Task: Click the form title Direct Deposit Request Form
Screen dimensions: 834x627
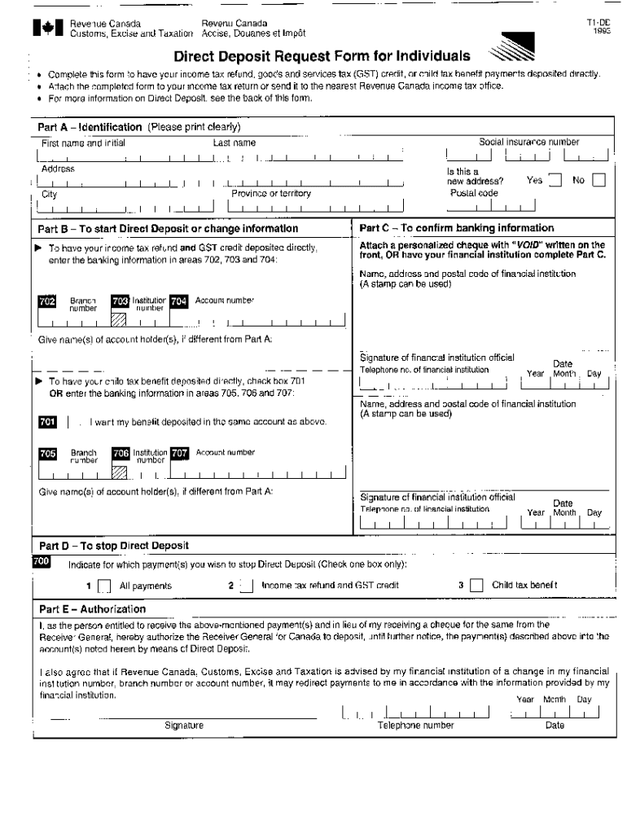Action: pyautogui.click(x=322, y=56)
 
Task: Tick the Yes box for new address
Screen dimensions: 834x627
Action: pyautogui.click(x=555, y=181)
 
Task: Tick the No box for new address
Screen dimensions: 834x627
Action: pyautogui.click(x=598, y=181)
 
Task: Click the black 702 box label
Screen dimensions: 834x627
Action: pyautogui.click(x=47, y=302)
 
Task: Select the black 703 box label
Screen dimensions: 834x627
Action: pyautogui.click(x=121, y=302)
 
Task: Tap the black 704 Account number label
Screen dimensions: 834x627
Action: pyautogui.click(x=179, y=302)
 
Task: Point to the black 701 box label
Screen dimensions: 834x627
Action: pyautogui.click(x=47, y=422)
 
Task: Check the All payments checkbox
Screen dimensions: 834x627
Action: pyautogui.click(x=104, y=586)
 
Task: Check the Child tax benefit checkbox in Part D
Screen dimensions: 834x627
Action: pyautogui.click(x=476, y=586)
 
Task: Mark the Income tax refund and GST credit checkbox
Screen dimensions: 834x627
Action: pyautogui.click(x=246, y=586)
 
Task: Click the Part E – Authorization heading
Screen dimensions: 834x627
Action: pyautogui.click(x=92, y=609)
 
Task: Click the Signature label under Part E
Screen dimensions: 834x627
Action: pyautogui.click(x=184, y=725)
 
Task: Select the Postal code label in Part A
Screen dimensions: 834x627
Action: pyautogui.click(x=474, y=193)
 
